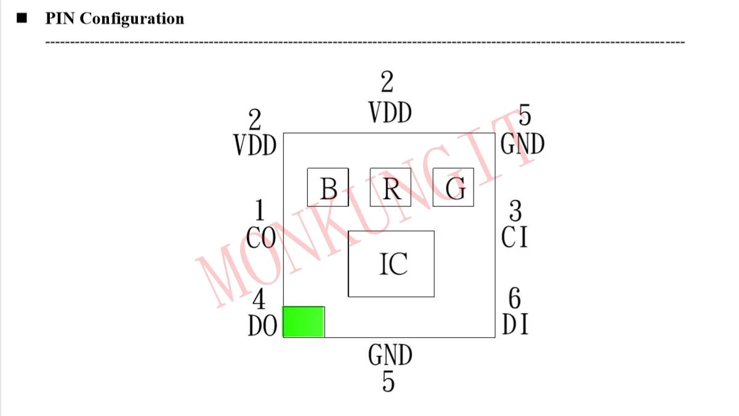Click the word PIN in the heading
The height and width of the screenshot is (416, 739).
point(60,18)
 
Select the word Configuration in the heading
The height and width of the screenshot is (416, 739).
point(132,18)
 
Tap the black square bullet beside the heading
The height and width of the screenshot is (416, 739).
point(23,18)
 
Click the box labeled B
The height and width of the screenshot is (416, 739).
point(328,187)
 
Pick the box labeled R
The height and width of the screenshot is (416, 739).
point(390,187)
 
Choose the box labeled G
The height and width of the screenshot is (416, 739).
point(453,187)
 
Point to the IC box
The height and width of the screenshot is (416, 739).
point(391,264)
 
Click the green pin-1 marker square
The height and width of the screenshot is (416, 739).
point(304,322)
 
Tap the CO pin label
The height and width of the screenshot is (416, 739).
point(261,237)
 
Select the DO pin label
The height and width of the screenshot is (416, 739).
point(262,327)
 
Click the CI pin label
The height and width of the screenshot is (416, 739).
point(515,237)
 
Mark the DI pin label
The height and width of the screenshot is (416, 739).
point(515,325)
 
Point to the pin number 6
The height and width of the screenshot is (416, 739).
point(514,299)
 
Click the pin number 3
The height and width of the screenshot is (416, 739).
point(515,211)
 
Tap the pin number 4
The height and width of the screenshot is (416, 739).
point(259,300)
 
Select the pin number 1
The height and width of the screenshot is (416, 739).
point(259,211)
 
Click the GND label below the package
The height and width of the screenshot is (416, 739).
point(390,356)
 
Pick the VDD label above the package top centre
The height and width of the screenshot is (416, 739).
point(390,113)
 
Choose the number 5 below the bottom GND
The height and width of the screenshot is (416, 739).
point(388,382)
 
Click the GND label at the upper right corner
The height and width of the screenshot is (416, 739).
point(523,144)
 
